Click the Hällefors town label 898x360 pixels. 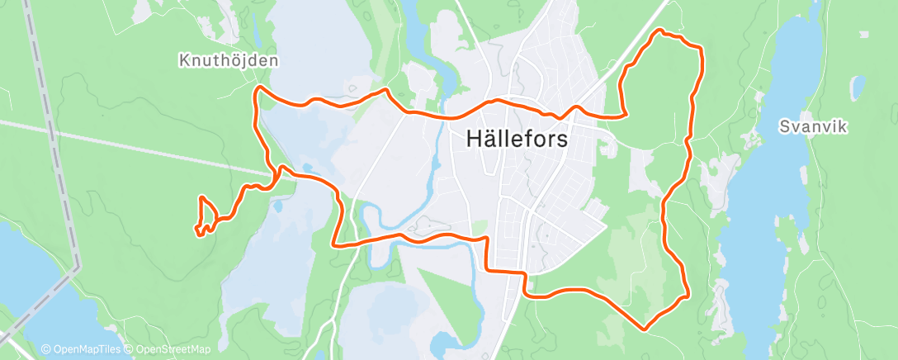pos(517,139)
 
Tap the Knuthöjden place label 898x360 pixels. pos(229,60)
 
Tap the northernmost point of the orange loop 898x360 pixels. pos(659,31)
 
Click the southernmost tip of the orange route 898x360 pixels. pos(645,329)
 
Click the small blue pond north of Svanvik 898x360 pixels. pos(858,87)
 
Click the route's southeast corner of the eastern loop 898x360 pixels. pos(688,293)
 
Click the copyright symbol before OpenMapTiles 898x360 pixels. pos(46,349)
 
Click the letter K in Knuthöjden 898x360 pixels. pos(184,60)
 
